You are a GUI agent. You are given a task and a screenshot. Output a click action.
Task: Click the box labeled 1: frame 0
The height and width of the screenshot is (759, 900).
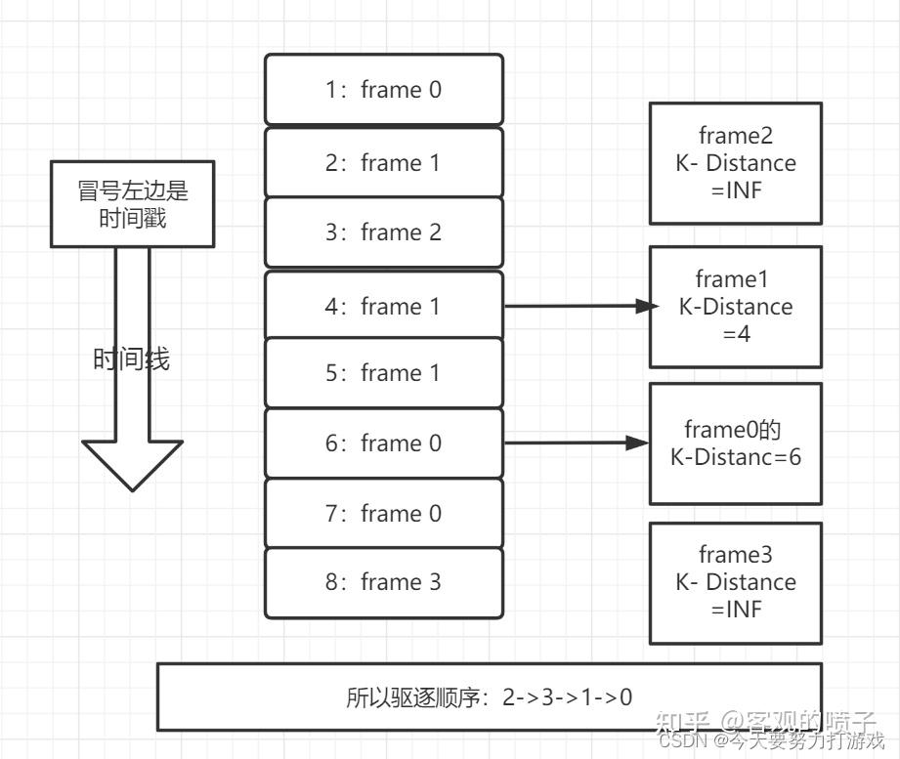point(383,90)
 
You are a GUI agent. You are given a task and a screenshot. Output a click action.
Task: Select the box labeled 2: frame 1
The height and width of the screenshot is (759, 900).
point(383,162)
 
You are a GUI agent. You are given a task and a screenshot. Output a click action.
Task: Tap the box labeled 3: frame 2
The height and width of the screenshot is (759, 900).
point(383,232)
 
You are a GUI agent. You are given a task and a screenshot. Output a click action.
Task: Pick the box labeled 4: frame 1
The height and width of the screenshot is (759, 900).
point(383,306)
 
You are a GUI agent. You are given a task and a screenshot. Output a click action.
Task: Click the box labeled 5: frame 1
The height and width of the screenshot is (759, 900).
point(383,373)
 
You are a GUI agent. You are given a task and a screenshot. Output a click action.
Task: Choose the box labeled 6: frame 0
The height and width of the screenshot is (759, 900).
point(383,443)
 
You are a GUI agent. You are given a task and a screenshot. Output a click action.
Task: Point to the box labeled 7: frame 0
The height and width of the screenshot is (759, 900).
point(383,513)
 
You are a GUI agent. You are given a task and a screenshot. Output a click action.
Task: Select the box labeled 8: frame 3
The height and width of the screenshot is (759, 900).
point(383,582)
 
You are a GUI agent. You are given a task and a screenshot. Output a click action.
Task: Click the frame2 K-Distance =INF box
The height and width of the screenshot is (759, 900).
point(735,162)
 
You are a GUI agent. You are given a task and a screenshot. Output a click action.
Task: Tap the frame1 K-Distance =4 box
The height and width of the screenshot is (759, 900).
point(735,306)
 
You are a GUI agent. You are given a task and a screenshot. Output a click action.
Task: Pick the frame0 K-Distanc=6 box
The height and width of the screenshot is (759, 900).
point(735,443)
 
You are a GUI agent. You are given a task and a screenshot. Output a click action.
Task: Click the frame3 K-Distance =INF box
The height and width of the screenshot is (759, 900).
point(735,582)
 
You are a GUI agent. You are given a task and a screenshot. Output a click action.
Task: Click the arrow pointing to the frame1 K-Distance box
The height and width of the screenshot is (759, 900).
point(577,306)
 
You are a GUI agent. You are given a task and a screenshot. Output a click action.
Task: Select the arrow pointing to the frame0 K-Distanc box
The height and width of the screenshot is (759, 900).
point(577,443)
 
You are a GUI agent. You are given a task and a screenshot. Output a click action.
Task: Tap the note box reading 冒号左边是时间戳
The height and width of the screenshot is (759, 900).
point(132,203)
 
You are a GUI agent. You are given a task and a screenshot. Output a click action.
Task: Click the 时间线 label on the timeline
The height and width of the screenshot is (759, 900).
point(131,359)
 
